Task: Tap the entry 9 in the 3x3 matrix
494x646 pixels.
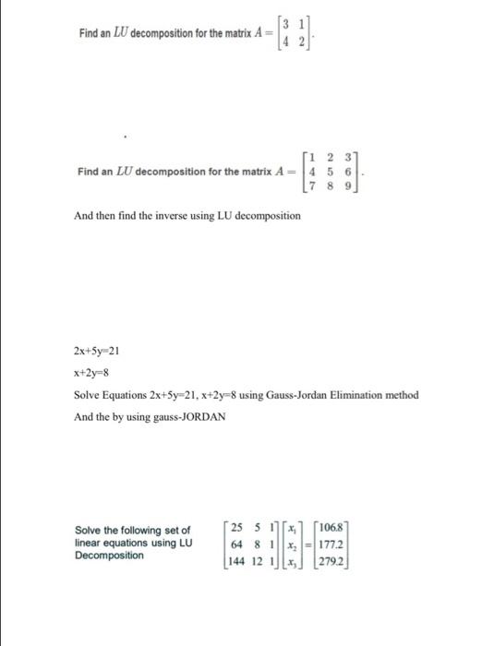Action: click(x=349, y=186)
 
